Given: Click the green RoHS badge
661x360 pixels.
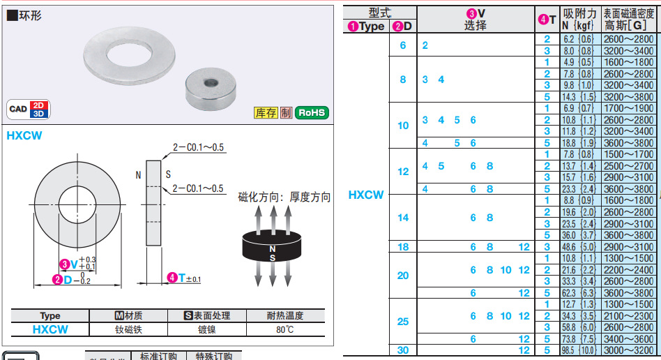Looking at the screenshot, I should [312, 112].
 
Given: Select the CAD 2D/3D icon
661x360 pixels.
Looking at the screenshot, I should [27, 109].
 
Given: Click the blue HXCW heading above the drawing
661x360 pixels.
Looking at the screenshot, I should [24, 135].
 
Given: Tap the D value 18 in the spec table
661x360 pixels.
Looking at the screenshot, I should [403, 247].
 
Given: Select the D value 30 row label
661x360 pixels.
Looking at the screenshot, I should [403, 350].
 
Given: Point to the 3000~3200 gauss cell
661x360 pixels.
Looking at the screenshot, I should [629, 350].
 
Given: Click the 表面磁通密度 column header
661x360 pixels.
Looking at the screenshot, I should [630, 13].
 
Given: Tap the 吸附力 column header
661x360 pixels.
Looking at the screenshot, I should [580, 13].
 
